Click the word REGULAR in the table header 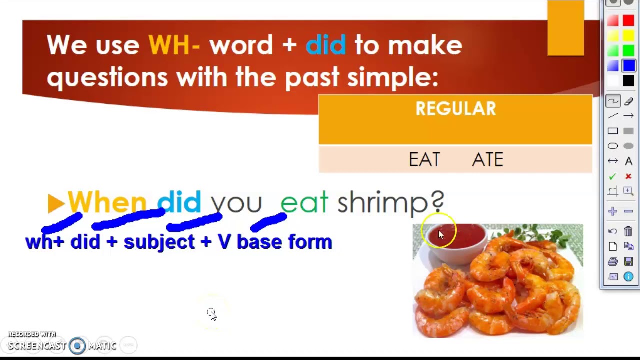455,109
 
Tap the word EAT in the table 424,160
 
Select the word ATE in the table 487,160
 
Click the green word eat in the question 304,203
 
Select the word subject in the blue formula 159,242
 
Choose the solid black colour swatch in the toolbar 628,81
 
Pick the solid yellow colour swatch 628,36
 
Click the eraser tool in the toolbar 628,101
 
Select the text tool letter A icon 628,161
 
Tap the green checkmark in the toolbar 613,176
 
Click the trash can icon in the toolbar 628,231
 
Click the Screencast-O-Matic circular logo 77,346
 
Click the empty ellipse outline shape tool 613,146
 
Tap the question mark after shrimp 437,202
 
